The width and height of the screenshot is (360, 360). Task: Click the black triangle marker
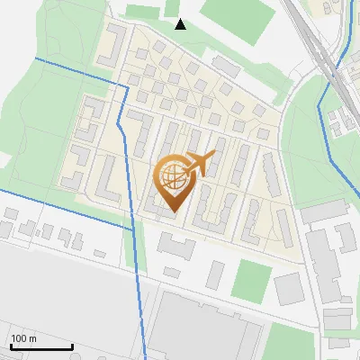(180, 24)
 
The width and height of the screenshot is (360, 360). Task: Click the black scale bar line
(41, 347)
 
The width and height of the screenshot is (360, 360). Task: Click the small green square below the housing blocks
(251, 281)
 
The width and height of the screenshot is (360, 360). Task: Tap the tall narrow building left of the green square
(215, 274)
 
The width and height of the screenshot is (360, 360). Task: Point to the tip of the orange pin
(172, 211)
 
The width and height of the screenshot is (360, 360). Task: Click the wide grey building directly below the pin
(176, 244)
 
